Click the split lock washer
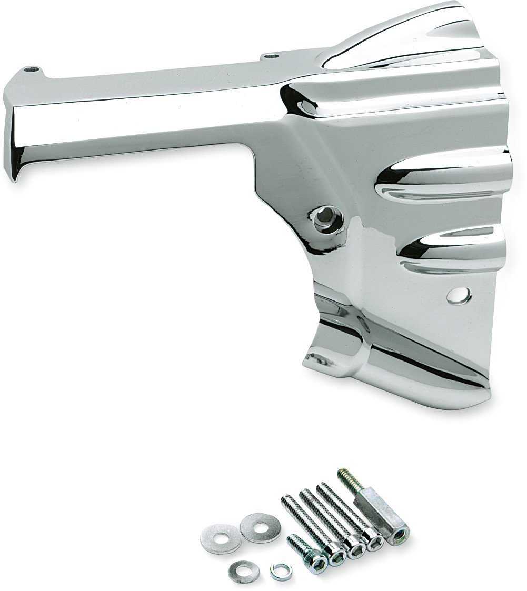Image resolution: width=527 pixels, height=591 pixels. tap(280, 569)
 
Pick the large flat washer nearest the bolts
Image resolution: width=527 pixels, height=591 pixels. tap(260, 527)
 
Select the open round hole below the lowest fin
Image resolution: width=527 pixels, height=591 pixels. tap(459, 295)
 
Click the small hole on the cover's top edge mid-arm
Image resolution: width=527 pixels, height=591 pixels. tap(271, 55)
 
